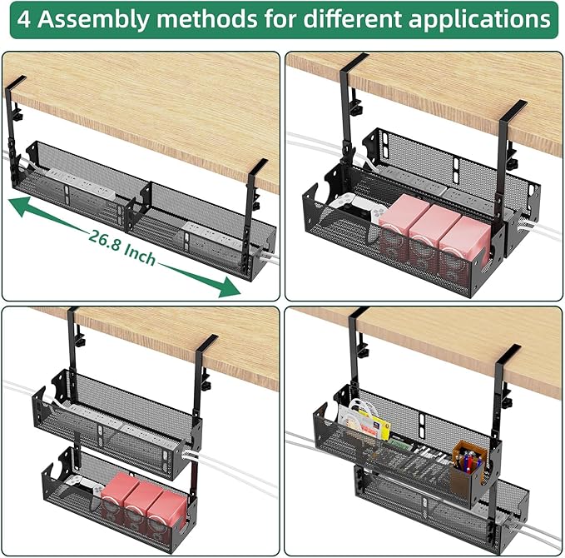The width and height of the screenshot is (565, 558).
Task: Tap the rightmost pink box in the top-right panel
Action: pos(459,244)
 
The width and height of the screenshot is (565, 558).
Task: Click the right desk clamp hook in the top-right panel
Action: pos(513,112)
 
